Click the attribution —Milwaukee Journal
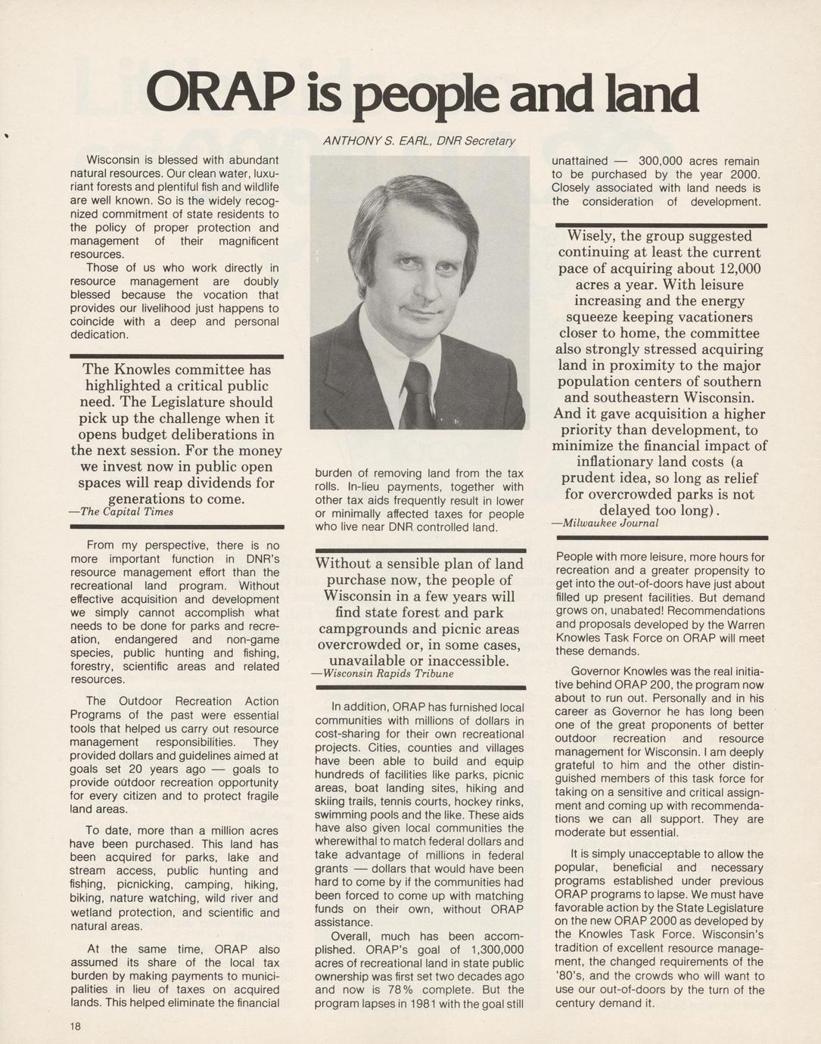pyautogui.click(x=605, y=523)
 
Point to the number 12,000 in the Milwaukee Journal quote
pyautogui.click(x=732, y=269)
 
